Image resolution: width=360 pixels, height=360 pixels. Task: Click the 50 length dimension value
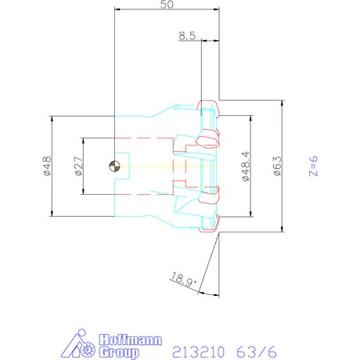tap(167, 4)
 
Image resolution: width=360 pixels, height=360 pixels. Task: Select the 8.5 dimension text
tap(187, 36)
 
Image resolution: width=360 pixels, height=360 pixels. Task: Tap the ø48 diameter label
tap(47, 166)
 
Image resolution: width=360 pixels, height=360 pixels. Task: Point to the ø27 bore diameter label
tap(78, 166)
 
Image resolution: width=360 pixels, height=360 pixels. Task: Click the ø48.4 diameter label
tap(246, 166)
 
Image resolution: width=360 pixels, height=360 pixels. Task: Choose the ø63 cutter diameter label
tap(277, 166)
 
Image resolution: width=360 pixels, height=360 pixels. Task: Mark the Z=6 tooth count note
tap(313, 166)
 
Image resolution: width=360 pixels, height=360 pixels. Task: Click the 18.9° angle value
tap(183, 280)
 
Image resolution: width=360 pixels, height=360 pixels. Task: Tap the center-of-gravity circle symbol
tap(114, 166)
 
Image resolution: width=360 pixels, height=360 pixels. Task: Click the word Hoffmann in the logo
tap(131, 340)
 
